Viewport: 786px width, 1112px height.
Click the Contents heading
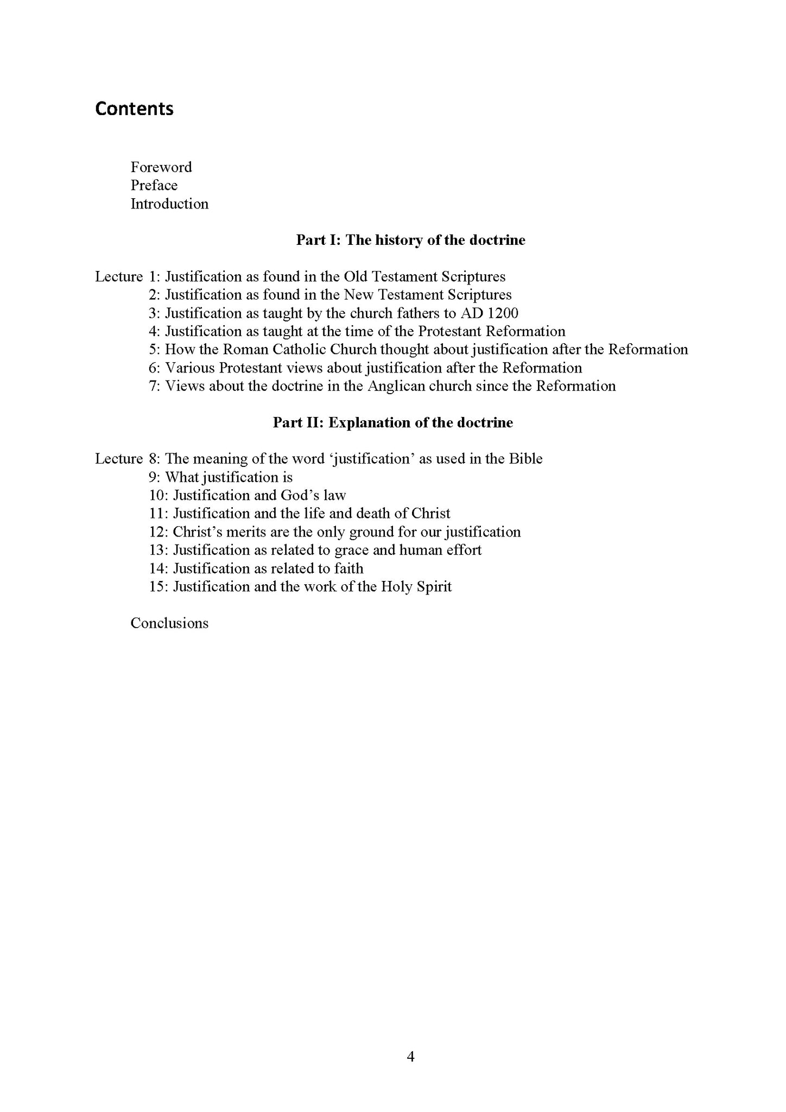point(134,109)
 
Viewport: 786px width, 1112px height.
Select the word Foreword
point(161,167)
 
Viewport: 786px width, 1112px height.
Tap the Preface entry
point(154,185)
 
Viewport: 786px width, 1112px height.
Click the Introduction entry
point(169,204)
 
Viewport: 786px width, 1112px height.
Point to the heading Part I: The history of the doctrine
point(410,240)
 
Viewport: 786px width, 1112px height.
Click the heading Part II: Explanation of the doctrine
point(392,422)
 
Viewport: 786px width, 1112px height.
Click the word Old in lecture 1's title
point(355,276)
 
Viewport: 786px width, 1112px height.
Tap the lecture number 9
point(154,477)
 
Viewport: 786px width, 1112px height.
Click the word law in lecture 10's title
point(334,495)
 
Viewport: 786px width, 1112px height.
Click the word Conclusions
point(169,623)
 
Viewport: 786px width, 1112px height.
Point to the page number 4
point(410,1057)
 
